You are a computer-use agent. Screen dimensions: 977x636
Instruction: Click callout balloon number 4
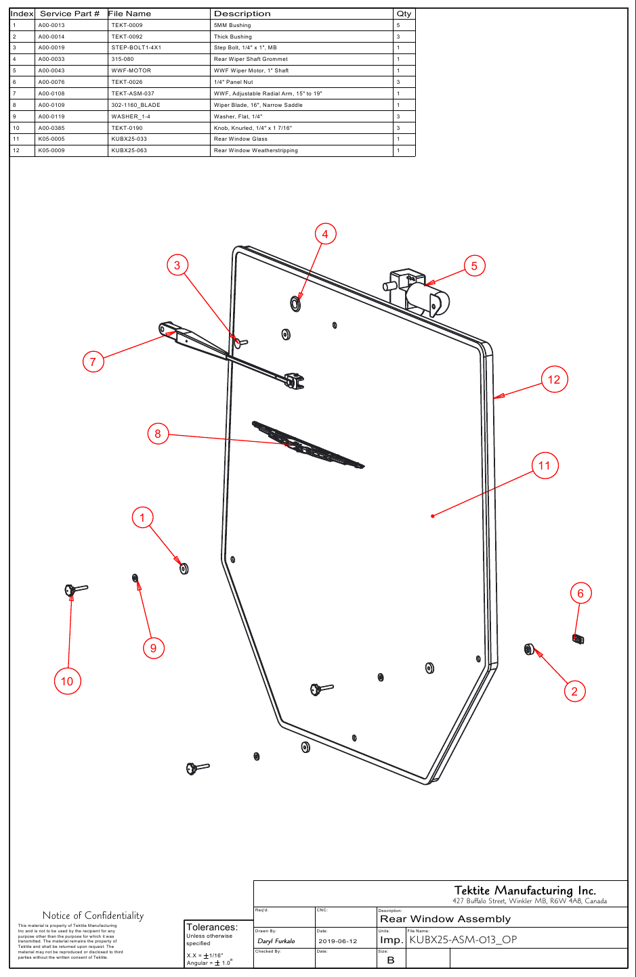tap(325, 233)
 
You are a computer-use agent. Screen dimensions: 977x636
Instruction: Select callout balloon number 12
tap(554, 380)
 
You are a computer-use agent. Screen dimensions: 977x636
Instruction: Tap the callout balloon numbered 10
tap(67, 681)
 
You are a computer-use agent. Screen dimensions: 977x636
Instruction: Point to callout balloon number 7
tap(93, 362)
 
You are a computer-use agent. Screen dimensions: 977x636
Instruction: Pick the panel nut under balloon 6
tap(578, 639)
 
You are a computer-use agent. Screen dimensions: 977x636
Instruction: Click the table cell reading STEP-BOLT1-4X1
tap(136, 48)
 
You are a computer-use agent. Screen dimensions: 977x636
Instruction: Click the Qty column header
tap(404, 14)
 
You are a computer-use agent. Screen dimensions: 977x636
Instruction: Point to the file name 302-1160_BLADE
tap(136, 105)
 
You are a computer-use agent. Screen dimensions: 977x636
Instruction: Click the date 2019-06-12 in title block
tap(337, 941)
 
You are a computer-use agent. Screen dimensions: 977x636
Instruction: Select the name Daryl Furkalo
tap(276, 941)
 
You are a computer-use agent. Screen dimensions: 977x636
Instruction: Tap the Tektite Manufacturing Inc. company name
tap(525, 890)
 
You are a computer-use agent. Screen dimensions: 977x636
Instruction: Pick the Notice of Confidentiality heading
tap(93, 915)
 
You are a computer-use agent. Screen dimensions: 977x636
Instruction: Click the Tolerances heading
tap(211, 927)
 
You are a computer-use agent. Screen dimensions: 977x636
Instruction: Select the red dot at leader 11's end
tap(433, 516)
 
